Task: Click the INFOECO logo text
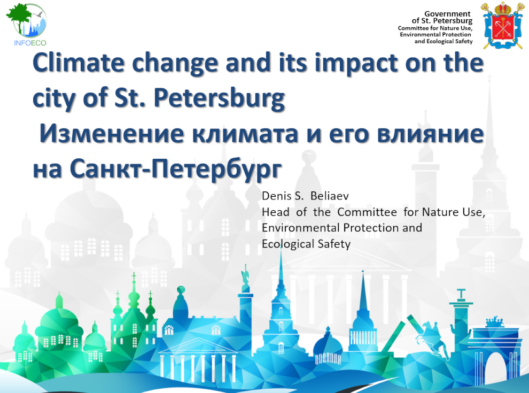coord(30,43)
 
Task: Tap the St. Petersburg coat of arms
coord(503,25)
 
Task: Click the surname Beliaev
coord(329,196)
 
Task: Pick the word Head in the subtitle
coord(276,212)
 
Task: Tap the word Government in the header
coord(447,14)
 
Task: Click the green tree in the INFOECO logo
coord(19,17)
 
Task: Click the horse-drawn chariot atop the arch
coord(494,321)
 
